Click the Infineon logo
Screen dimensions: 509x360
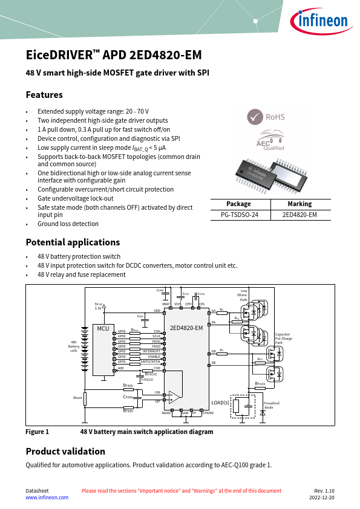[x=321, y=22]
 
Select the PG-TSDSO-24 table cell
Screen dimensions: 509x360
[x=239, y=214]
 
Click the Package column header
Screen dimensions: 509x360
[x=239, y=204]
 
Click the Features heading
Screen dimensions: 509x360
[x=44, y=95]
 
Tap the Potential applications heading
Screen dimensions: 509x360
[x=73, y=242]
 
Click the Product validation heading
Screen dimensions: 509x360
[x=65, y=452]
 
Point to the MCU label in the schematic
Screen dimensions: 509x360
[x=103, y=328]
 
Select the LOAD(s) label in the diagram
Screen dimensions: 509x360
[x=220, y=403]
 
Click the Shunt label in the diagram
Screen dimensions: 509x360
[x=77, y=398]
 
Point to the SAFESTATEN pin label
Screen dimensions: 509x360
[x=151, y=361]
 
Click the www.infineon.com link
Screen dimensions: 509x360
[x=47, y=498]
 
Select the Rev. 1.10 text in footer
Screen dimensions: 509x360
[x=324, y=491]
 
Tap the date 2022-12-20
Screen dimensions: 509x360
[x=322, y=498]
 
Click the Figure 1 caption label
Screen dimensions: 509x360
[x=37, y=432]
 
